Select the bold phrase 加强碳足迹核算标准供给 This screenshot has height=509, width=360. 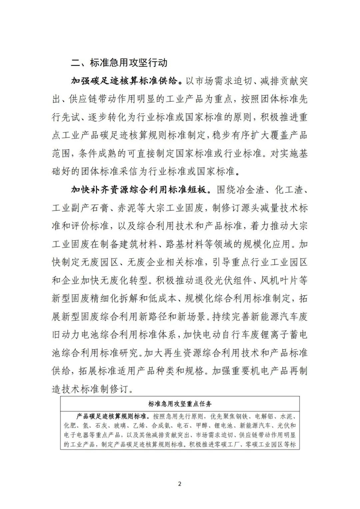125,81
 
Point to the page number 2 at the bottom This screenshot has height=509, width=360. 180,484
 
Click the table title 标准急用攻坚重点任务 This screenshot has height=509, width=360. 180,404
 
